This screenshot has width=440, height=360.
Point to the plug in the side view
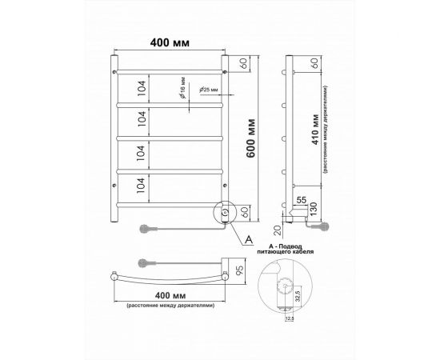(326, 226)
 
